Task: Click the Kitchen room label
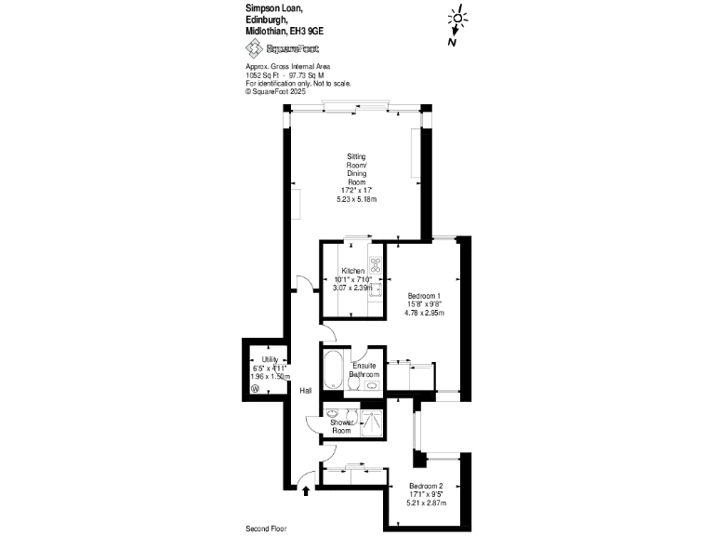352,271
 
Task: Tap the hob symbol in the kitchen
376,263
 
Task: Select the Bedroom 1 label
424,296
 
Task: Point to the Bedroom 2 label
426,486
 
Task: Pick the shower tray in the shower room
371,423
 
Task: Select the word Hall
305,390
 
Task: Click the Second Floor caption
267,529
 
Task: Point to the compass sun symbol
457,18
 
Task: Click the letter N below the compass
451,41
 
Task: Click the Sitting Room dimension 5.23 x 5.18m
356,199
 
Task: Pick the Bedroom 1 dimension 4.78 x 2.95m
424,313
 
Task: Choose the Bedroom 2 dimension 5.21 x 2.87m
426,502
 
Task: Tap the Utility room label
270,359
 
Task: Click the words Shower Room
342,427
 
